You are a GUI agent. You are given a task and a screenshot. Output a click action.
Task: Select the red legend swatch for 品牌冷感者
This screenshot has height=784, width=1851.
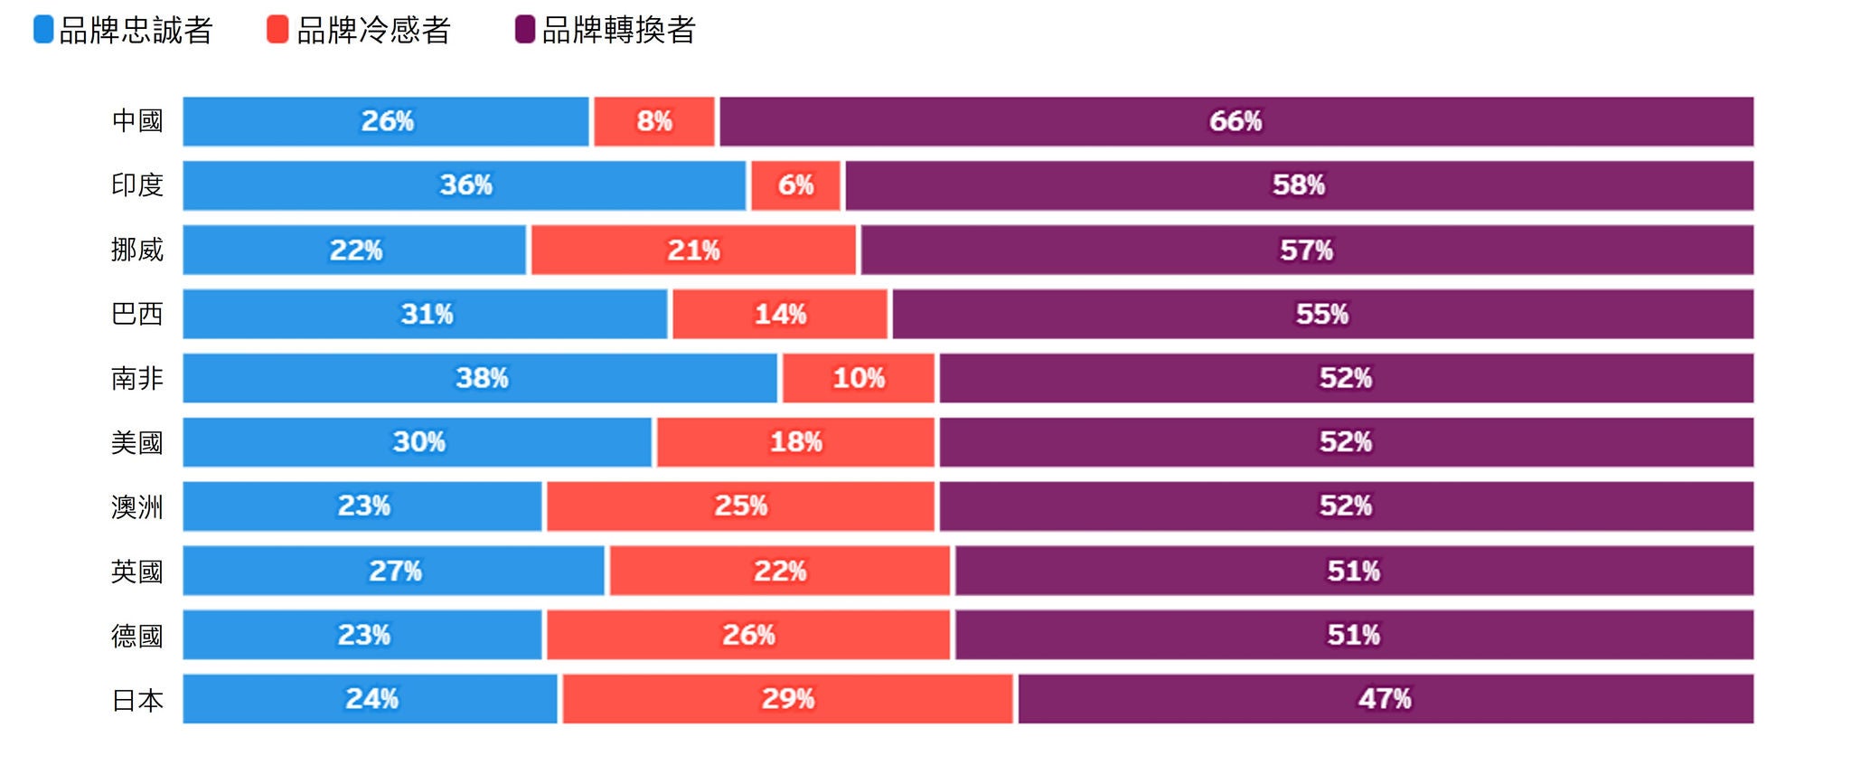point(277,30)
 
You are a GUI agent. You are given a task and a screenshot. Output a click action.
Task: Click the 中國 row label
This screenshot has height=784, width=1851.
point(137,121)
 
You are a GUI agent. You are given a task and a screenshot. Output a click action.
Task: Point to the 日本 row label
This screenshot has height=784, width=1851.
point(137,700)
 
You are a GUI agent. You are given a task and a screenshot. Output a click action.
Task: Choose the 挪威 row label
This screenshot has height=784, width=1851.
point(137,250)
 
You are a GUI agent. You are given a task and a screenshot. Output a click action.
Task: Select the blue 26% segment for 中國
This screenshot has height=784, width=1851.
point(386,121)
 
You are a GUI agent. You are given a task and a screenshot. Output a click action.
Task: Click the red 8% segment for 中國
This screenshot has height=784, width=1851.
point(654,121)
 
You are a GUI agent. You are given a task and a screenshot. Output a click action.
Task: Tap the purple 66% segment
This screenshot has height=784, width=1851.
point(1236,121)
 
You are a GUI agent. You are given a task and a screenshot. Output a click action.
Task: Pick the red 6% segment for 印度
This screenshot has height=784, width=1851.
point(795,185)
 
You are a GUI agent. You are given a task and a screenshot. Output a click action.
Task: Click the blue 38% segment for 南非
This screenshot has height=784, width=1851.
point(480,378)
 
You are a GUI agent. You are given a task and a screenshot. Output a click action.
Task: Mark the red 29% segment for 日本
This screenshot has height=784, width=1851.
point(787,699)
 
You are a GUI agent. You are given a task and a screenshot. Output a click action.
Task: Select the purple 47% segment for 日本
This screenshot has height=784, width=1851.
point(1385,699)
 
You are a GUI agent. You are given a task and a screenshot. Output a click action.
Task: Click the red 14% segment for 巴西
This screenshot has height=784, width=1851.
point(780,314)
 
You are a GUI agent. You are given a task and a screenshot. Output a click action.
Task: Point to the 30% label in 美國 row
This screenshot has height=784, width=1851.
point(418,442)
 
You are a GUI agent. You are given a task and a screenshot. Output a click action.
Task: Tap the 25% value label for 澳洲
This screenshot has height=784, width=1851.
point(741,505)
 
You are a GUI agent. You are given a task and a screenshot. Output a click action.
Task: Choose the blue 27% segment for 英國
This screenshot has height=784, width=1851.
point(394,571)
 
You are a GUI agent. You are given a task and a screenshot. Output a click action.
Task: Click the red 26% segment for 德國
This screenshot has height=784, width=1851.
point(748,635)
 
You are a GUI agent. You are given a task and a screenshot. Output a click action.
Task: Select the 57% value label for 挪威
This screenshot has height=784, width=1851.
point(1306,250)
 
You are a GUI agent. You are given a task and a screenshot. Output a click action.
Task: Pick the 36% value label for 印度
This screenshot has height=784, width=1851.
point(465,185)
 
